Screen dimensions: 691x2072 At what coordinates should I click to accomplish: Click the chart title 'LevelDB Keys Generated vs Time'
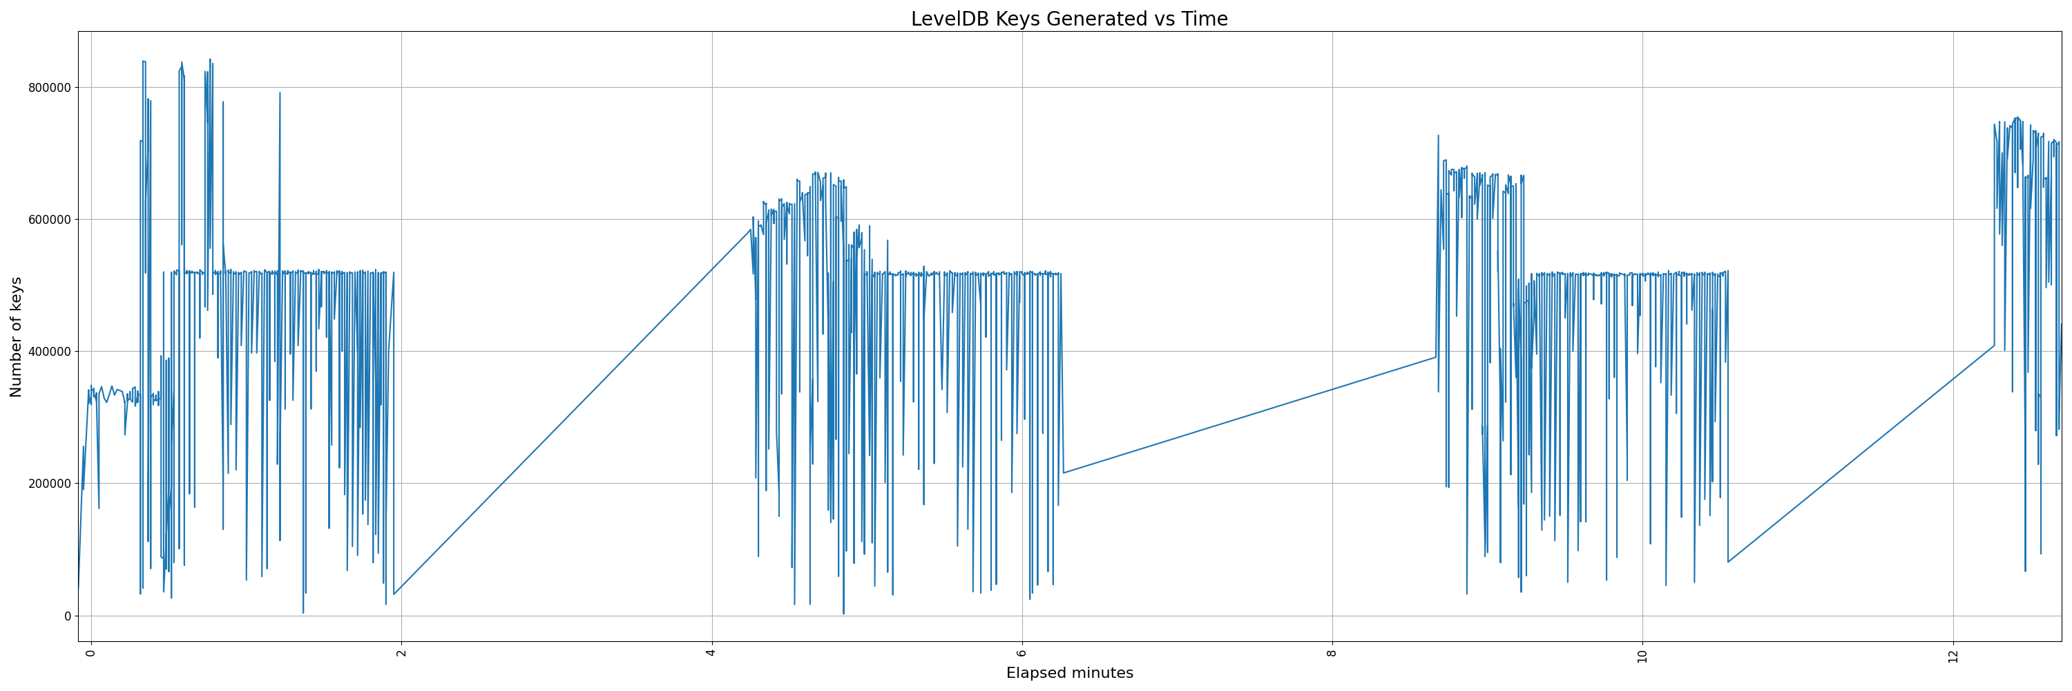pos(1069,19)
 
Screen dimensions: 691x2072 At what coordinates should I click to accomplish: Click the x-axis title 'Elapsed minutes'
pos(1069,673)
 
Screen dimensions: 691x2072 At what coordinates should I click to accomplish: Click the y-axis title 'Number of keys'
pos(17,337)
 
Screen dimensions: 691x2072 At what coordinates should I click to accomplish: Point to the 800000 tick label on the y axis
pos(47,88)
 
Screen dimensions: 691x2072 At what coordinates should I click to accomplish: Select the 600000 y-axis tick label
pos(47,220)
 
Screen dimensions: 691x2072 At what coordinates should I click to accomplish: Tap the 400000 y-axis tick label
pos(47,352)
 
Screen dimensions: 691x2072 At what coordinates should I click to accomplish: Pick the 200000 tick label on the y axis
pos(47,484)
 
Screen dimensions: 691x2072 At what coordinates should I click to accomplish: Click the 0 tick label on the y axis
pos(68,616)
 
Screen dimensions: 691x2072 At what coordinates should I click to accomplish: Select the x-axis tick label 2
pos(401,652)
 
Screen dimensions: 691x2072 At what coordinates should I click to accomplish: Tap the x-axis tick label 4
pos(711,652)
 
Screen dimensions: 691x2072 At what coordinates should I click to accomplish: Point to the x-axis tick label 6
pos(1021,652)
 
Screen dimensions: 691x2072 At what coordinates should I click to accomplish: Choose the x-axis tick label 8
pos(1332,652)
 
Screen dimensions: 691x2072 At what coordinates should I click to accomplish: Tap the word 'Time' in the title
pos(1204,19)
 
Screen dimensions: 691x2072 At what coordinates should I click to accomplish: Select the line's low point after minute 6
pos(1064,473)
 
